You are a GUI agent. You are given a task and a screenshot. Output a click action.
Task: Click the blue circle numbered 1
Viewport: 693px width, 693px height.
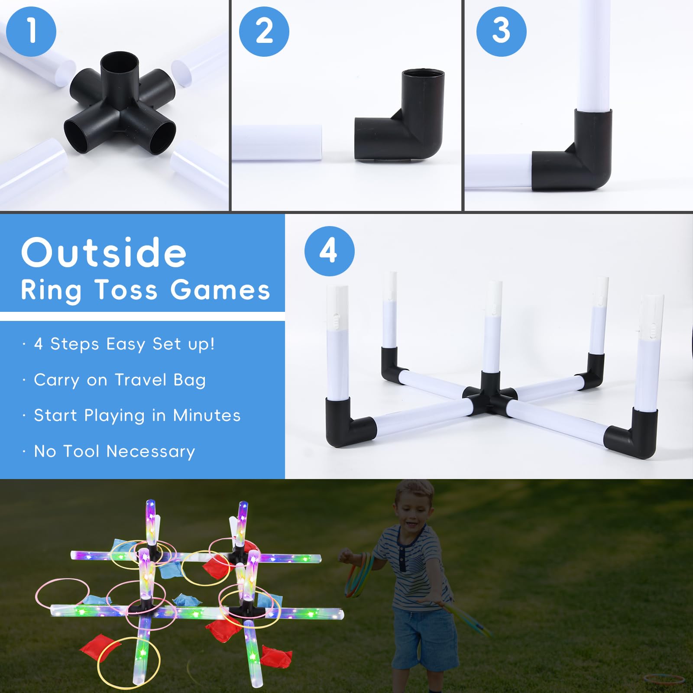(x=31, y=31)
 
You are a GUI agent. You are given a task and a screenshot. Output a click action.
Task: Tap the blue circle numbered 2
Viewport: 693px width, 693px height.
(x=264, y=31)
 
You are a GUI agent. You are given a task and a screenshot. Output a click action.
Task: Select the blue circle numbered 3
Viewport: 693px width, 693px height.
(x=501, y=31)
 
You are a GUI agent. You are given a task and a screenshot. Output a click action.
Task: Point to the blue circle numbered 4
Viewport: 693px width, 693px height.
(x=329, y=251)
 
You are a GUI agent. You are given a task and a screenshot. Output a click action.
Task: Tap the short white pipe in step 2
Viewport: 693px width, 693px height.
(x=277, y=143)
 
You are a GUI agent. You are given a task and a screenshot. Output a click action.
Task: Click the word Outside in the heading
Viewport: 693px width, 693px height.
(x=104, y=253)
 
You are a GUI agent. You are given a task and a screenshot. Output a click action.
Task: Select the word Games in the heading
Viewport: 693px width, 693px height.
(x=220, y=290)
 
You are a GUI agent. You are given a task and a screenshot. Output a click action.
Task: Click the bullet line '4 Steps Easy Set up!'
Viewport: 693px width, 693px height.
(x=124, y=344)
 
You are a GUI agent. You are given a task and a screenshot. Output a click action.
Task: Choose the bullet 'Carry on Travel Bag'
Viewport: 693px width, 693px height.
(x=120, y=380)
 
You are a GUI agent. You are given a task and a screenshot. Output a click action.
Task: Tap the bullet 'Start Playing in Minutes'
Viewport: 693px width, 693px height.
(x=137, y=416)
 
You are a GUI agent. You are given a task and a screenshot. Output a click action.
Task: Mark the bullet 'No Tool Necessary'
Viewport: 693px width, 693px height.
(x=115, y=451)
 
